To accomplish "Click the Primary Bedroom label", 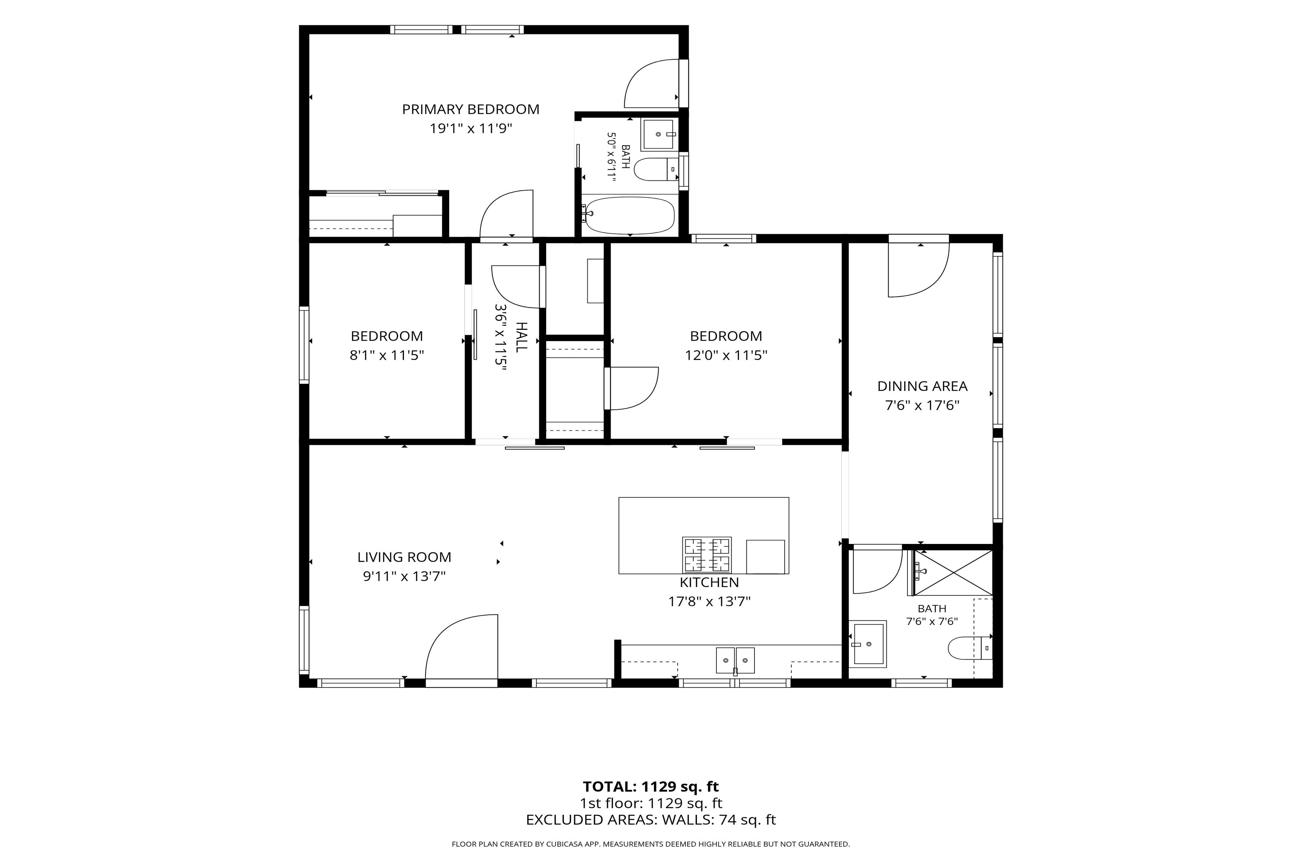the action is [471, 109].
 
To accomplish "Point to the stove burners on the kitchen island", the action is [707, 555].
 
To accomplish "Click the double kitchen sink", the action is [735, 660].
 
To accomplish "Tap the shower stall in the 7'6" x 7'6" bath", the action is [953, 573].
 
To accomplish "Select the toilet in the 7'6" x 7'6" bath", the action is [970, 648].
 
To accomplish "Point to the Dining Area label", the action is [922, 386].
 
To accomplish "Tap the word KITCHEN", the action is [709, 582].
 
